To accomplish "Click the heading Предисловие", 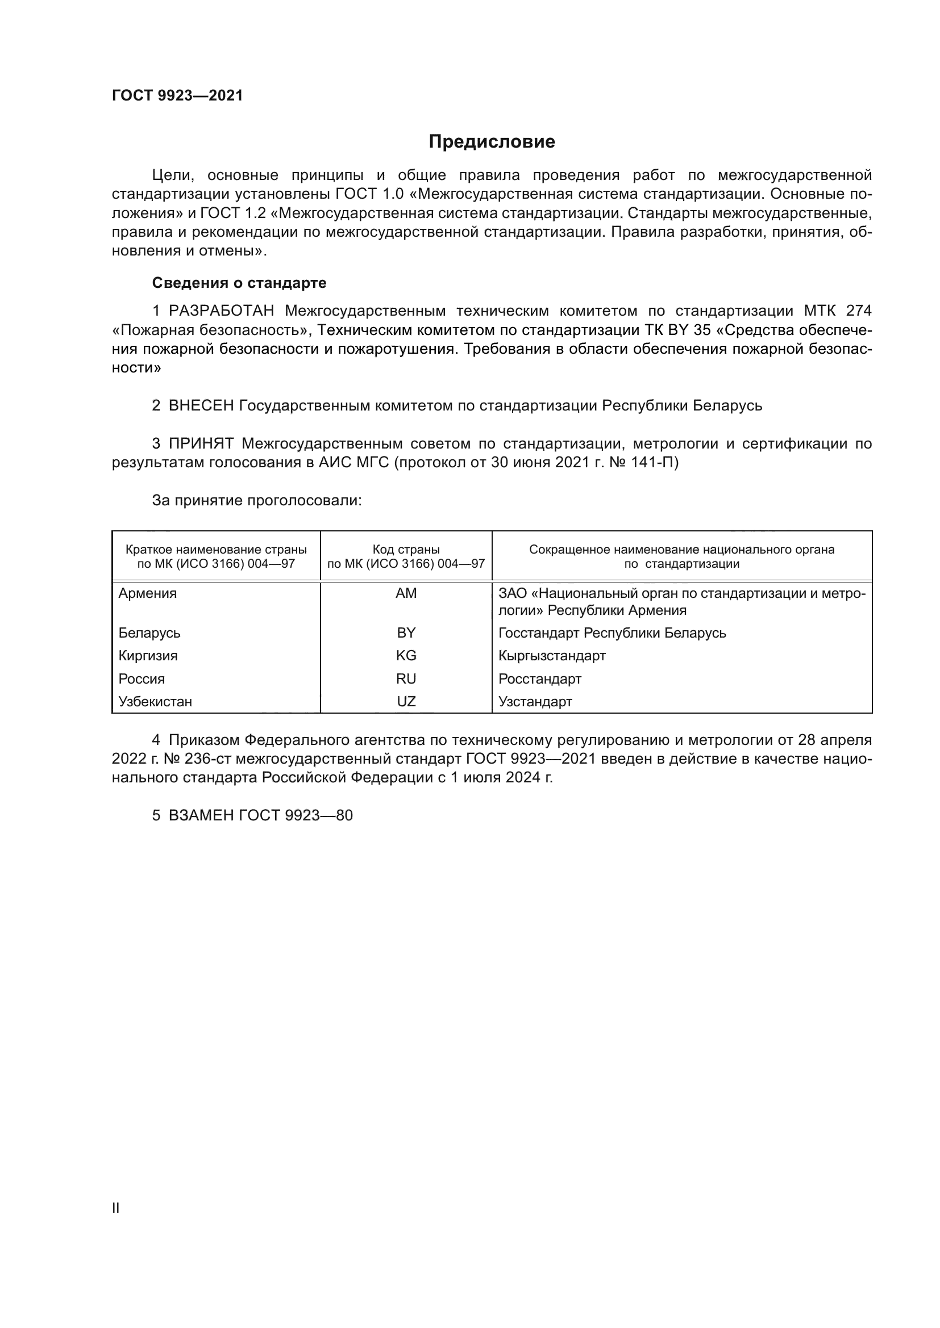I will [492, 142].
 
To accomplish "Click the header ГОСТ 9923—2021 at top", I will [177, 96].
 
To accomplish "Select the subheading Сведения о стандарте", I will [239, 283].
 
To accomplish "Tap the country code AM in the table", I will [406, 593].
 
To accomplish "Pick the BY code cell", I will [406, 632].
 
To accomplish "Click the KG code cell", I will [406, 656].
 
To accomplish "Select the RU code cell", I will [406, 679].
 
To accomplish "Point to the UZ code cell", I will [406, 702].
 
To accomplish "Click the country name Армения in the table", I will [148, 593].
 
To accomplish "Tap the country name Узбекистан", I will [155, 702].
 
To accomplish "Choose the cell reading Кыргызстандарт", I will [552, 656].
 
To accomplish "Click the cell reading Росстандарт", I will [539, 679].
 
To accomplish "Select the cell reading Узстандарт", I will [535, 702].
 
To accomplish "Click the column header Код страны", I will [406, 550].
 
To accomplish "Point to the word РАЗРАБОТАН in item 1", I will [221, 311].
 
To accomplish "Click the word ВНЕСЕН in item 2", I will [201, 406].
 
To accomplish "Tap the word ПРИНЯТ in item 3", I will [201, 443].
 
